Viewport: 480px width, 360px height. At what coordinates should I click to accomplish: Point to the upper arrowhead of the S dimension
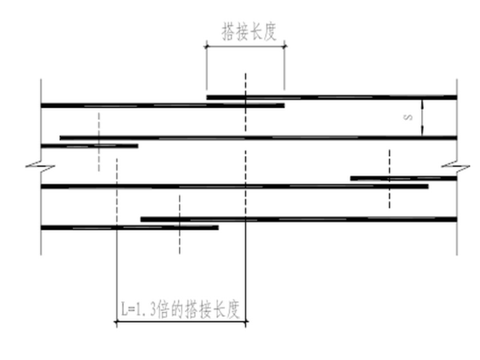point(423,101)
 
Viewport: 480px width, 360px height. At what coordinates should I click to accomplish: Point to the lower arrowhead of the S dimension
point(423,133)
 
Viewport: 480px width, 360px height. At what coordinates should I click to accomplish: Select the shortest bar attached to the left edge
point(89,146)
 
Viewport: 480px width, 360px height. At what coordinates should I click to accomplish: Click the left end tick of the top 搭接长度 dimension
point(206,45)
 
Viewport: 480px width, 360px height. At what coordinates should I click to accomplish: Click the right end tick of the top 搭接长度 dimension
point(284,45)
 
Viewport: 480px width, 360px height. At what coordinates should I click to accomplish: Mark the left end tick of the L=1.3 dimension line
point(116,321)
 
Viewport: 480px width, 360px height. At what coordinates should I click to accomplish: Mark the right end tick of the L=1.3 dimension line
point(246,321)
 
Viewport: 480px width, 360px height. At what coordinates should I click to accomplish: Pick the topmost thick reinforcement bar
point(332,97)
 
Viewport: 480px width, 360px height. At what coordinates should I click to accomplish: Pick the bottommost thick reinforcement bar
point(129,227)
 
